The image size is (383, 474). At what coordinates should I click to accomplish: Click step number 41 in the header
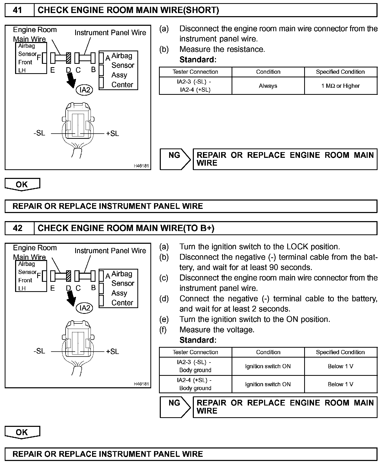(17, 10)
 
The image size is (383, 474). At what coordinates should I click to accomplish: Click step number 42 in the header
(17, 228)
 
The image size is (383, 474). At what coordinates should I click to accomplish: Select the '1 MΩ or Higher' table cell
(341, 86)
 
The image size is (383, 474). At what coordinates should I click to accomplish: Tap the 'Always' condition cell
(268, 86)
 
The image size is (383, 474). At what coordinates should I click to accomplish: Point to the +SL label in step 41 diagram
(112, 134)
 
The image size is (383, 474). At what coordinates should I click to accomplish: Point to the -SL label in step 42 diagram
(39, 351)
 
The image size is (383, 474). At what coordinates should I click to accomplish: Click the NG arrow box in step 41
(175, 159)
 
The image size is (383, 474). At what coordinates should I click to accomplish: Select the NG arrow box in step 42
(175, 407)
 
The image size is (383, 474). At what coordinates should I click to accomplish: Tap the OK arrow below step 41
(22, 184)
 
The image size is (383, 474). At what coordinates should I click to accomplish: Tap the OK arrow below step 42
(22, 432)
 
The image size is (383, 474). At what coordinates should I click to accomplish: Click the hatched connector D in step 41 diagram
(69, 58)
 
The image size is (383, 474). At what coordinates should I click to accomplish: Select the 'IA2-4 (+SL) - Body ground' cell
(195, 384)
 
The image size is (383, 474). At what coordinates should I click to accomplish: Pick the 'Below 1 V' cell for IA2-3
(341, 366)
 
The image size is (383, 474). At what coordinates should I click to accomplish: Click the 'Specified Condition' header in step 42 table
(340, 352)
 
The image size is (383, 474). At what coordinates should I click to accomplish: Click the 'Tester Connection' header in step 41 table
(195, 72)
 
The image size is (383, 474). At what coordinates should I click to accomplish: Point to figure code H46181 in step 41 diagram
(141, 166)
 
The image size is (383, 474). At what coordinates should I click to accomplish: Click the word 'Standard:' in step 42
(198, 340)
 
